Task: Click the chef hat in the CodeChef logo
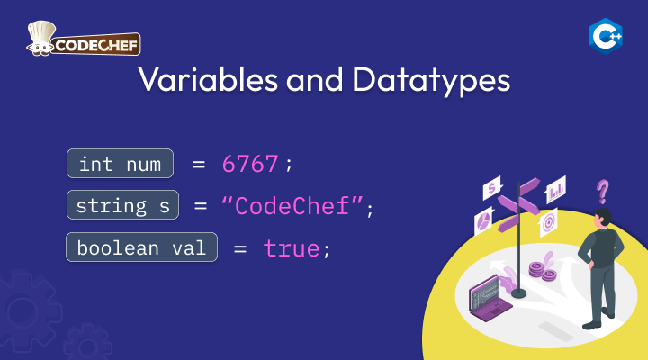pyautogui.click(x=41, y=32)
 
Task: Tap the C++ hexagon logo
pyautogui.click(x=606, y=36)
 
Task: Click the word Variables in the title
pyautogui.click(x=208, y=79)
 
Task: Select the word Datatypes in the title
pyautogui.click(x=431, y=81)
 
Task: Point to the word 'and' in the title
pyautogui.click(x=314, y=79)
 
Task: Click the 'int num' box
pyautogui.click(x=121, y=164)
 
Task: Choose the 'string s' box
pyautogui.click(x=122, y=205)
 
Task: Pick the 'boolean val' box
pyautogui.click(x=142, y=247)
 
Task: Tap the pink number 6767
pyautogui.click(x=250, y=164)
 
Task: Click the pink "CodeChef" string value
pyautogui.click(x=292, y=205)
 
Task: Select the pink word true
pyautogui.click(x=292, y=248)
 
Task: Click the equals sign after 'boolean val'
pyautogui.click(x=240, y=248)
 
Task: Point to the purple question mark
pyautogui.click(x=602, y=192)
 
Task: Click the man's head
pyautogui.click(x=602, y=218)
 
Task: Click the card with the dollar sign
pyautogui.click(x=491, y=188)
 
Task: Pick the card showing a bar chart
pyautogui.click(x=556, y=190)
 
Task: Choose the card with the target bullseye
pyautogui.click(x=548, y=223)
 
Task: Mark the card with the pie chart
pyautogui.click(x=483, y=221)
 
